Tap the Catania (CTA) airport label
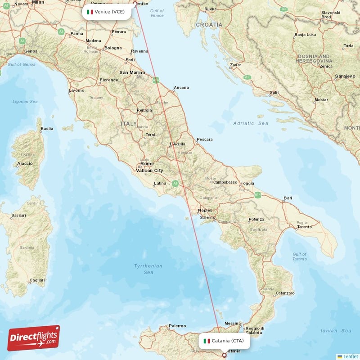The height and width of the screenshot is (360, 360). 224,341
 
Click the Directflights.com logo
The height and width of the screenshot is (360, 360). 33,338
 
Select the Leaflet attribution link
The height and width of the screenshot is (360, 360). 350,356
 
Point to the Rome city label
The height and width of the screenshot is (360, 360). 147,164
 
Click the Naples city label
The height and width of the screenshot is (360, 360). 206,210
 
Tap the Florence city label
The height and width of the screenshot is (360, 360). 109,80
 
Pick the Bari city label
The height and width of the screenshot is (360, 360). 288,198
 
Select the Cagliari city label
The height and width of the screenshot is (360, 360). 37,280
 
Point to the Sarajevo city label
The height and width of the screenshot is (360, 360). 345,76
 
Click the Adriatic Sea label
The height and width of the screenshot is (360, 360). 251,123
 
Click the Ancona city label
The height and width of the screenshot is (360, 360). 181,88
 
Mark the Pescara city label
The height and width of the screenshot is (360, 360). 205,139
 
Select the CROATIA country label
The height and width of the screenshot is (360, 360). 209,24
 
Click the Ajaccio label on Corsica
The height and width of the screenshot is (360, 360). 25,163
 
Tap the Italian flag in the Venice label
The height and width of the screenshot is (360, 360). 90,12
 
